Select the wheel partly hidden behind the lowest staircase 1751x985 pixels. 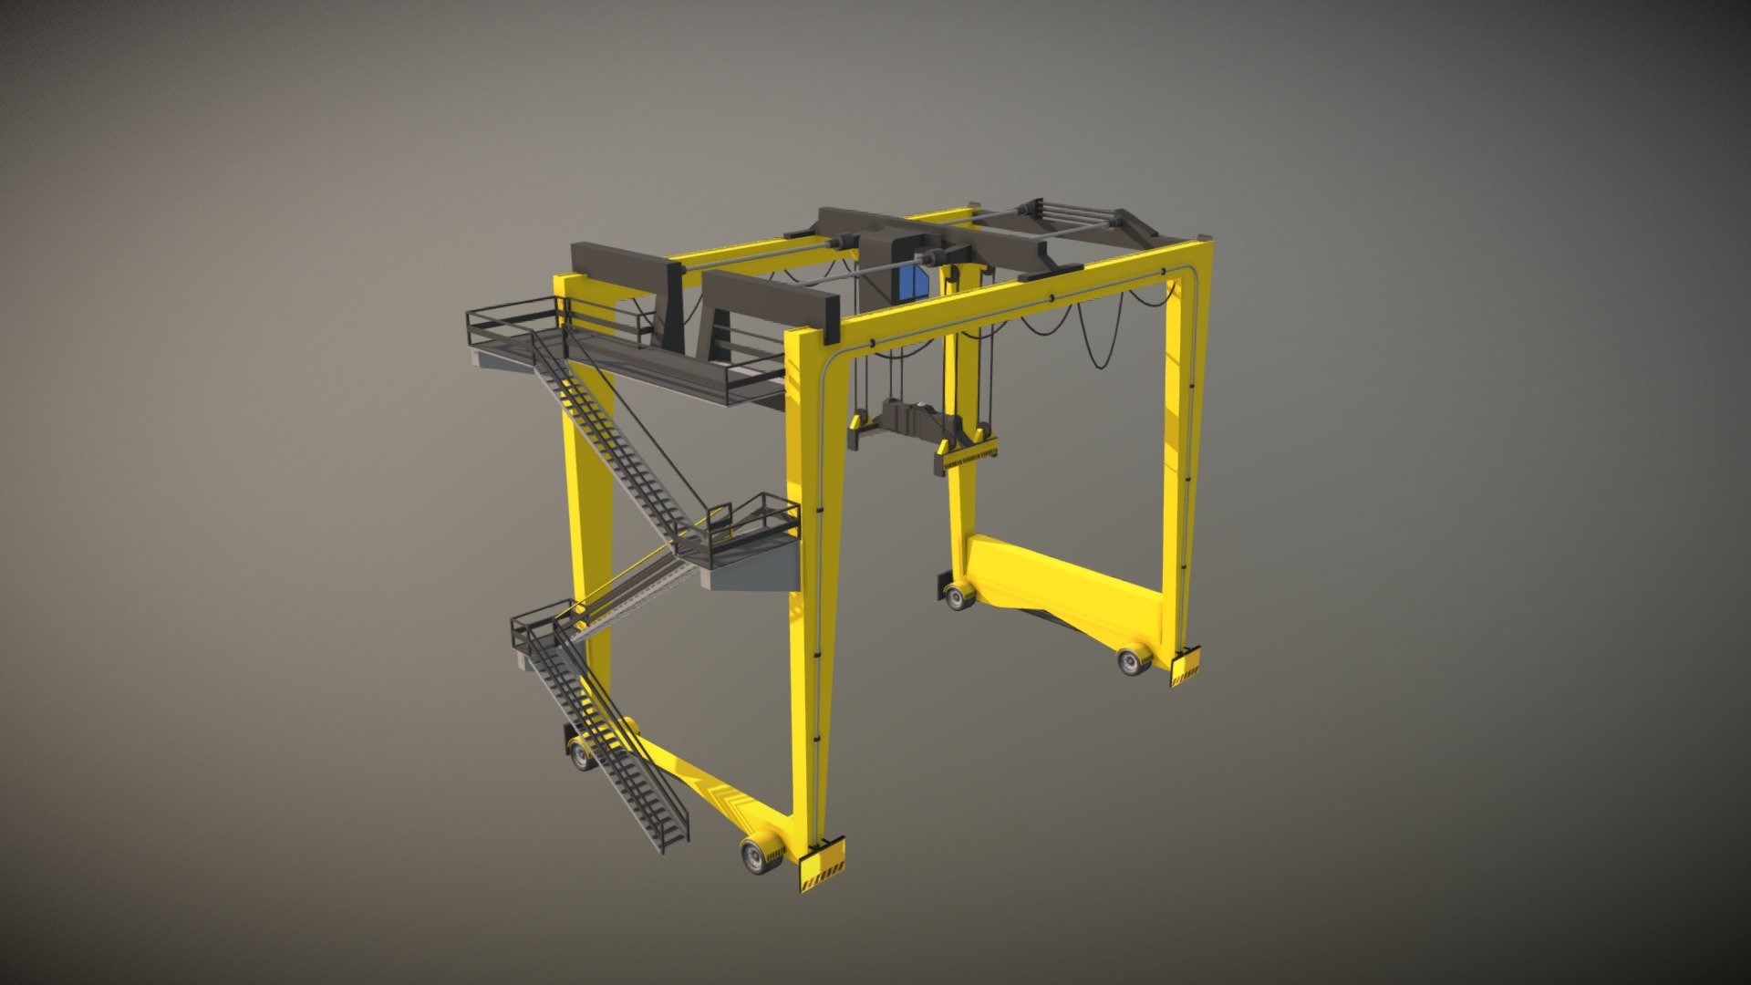coord(581,753)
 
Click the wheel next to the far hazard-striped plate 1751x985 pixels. coord(1133,658)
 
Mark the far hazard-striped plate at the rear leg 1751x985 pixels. coord(1185,666)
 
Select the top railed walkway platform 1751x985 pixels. coord(620,351)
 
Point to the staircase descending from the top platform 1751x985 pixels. coord(611,438)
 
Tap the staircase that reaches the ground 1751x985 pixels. coord(620,748)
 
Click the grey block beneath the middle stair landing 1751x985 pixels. coord(752,575)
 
